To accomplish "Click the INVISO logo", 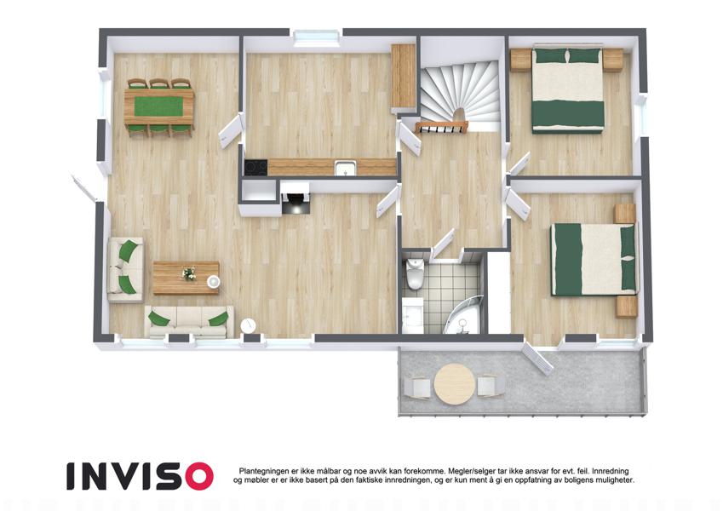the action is (140, 476).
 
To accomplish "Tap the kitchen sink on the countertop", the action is (346, 168).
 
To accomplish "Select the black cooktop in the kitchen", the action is (255, 167).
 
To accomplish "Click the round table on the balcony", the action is (454, 384).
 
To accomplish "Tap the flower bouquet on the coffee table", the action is (188, 273).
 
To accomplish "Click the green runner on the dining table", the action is (158, 106).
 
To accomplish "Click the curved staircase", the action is (460, 95).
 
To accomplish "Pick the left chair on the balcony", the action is (418, 387).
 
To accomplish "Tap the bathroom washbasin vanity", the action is (412, 315).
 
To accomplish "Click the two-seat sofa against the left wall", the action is (125, 270).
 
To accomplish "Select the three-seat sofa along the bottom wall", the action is (189, 321).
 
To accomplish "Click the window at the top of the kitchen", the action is (316, 37).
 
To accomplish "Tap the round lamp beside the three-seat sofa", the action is (248, 325).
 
